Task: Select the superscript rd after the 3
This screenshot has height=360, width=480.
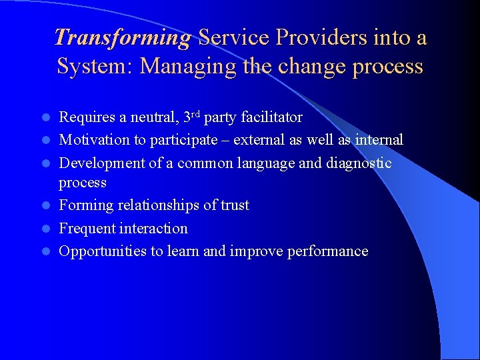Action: [195, 114]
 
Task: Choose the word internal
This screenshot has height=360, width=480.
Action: [377, 140]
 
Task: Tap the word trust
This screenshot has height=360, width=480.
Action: [233, 205]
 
